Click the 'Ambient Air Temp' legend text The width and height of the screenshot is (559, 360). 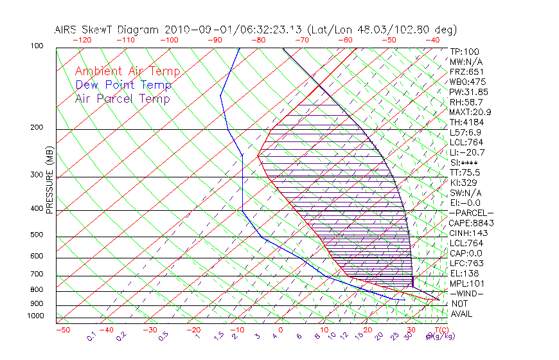point(127,71)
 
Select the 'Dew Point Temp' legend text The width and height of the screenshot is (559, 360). point(123,85)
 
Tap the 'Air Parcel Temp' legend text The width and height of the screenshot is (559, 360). point(122,98)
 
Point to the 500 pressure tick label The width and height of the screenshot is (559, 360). point(37,235)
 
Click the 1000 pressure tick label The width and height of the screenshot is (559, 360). point(35,316)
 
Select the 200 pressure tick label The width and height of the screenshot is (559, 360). point(37,127)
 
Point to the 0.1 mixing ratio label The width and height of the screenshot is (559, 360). point(92,336)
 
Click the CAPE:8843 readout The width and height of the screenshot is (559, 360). point(470,222)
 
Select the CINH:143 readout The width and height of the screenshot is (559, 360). point(467,233)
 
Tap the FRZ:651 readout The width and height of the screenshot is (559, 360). point(466,71)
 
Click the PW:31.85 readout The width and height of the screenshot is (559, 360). point(468,92)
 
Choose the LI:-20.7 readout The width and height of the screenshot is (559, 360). point(467,152)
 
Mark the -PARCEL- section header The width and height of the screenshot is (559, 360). point(471,213)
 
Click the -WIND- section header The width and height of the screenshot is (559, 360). point(466,293)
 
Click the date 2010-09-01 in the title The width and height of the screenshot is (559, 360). point(195,30)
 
